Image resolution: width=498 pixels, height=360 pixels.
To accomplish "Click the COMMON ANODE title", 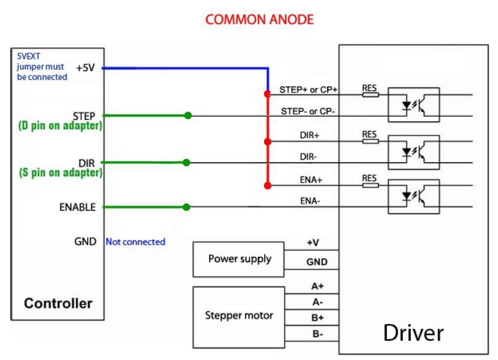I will click(259, 20).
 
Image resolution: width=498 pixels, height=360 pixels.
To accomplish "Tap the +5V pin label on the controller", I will click(85, 68).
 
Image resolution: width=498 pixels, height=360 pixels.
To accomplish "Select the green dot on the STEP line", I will click(188, 115).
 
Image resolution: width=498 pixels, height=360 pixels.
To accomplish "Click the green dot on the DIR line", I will click(187, 162).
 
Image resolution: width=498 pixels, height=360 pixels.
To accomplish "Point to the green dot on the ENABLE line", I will click(187, 208).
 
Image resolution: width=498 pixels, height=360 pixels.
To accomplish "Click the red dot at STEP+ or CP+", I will click(267, 94).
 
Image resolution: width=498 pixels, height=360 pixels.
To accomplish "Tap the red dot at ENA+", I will click(267, 186).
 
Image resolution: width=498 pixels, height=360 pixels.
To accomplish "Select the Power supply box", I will click(239, 260).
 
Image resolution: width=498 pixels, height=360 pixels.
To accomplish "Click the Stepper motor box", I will click(239, 315).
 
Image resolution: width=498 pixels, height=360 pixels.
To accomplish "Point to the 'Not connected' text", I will click(135, 242).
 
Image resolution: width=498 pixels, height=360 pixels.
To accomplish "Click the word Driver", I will click(413, 332).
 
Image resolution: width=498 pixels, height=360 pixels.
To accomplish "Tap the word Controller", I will click(58, 303).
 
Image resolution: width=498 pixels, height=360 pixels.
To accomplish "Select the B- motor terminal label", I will click(318, 334).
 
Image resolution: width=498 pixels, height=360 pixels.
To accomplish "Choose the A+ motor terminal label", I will click(318, 286).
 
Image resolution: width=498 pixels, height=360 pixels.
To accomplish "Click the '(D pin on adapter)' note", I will click(56, 126).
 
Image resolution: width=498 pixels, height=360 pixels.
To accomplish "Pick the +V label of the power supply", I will click(312, 243).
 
